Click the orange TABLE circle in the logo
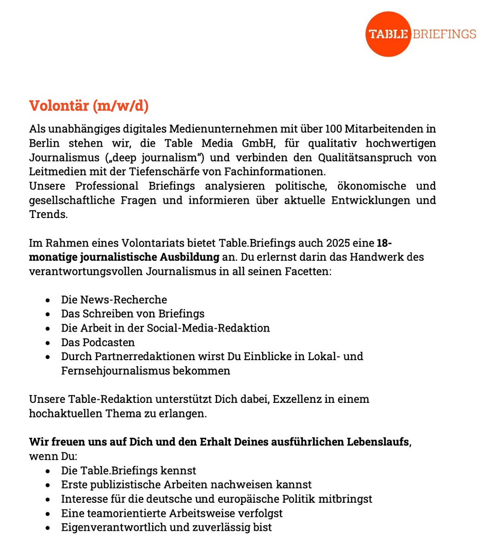pyautogui.click(x=388, y=34)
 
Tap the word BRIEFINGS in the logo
pyautogui.click(x=444, y=34)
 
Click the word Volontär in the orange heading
pyautogui.click(x=59, y=106)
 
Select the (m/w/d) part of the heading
pyautogui.click(x=121, y=106)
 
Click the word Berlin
pyautogui.click(x=44, y=144)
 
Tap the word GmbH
pyautogui.click(x=258, y=144)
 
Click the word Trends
pyautogui.click(x=48, y=214)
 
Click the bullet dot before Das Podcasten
pyautogui.click(x=48, y=343)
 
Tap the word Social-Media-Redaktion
pyautogui.click(x=211, y=328)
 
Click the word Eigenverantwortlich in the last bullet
pyautogui.click(x=111, y=527)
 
